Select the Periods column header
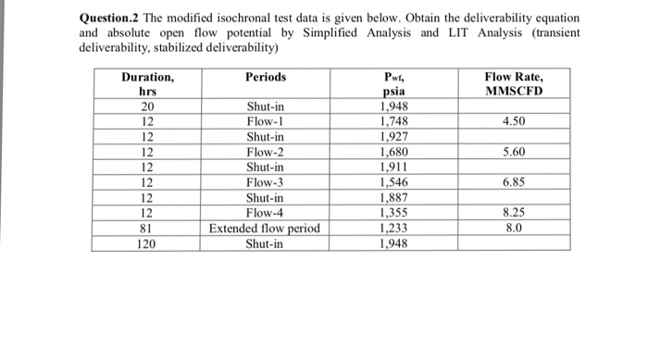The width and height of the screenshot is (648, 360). tap(266, 78)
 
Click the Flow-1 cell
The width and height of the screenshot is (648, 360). tap(266, 122)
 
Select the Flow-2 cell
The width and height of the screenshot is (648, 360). tap(266, 153)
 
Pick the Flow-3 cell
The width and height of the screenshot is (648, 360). tap(266, 183)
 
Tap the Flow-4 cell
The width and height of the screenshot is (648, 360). tap(266, 214)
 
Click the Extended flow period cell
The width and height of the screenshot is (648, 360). tap(266, 229)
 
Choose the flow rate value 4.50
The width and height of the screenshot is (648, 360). tap(514, 122)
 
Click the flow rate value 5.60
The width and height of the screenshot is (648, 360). tap(514, 153)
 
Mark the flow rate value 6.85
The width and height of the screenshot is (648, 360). tap(514, 183)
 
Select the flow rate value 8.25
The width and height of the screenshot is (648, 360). tap(514, 214)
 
